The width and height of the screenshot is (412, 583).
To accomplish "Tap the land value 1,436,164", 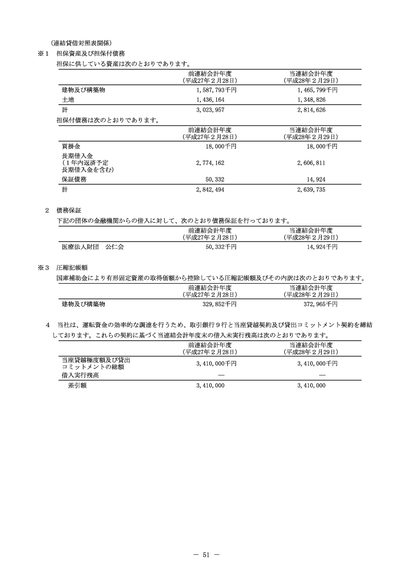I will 211,100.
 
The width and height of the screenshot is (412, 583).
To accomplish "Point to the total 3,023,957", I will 211,110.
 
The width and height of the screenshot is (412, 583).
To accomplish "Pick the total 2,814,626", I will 311,110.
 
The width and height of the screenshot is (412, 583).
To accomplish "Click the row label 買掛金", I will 70,147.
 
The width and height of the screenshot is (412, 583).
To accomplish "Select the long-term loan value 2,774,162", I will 211,163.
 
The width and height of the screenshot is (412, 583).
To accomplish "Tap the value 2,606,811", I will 311,163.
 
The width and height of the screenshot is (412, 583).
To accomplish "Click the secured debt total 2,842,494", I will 211,190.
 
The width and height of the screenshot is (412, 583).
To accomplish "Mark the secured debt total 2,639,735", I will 311,190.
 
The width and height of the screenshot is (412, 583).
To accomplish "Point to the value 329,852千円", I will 219,303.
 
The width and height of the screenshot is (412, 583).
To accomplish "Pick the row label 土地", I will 67,100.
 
